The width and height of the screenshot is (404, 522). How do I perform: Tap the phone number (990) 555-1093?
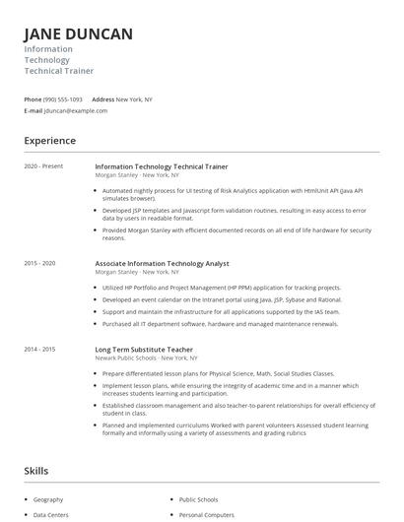pos(63,99)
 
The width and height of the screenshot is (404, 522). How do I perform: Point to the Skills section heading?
pos(36,472)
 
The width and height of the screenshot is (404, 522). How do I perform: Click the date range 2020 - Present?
pos(42,166)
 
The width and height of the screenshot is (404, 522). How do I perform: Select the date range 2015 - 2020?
pos(39,264)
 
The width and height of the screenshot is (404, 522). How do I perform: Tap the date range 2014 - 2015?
pos(39,350)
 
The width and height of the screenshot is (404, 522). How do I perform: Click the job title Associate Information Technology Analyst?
pos(162,264)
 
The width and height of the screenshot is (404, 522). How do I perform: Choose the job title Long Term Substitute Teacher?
pos(144,350)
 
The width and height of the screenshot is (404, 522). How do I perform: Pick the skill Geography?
pos(48,499)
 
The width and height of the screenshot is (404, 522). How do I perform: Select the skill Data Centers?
pos(51,515)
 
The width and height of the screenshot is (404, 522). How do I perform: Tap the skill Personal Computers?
pos(206,515)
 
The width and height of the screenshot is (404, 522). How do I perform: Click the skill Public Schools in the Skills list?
pos(200,499)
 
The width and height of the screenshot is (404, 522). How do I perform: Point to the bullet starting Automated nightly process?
pos(233,193)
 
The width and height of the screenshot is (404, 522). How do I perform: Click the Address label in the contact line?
pos(102,99)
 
